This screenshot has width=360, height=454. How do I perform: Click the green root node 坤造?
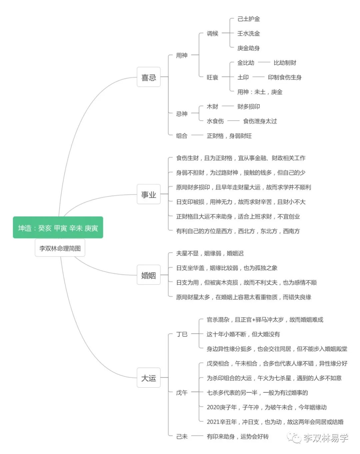[58, 227]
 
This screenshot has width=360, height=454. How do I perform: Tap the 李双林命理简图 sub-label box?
[60, 248]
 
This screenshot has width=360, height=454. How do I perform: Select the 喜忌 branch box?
[149, 77]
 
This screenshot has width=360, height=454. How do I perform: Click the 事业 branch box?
[149, 194]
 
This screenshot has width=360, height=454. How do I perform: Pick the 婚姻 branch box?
[149, 275]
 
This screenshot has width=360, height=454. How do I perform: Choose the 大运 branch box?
[149, 378]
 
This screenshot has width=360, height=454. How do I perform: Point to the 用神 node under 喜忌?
[182, 55]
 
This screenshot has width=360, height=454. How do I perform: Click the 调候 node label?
[212, 33]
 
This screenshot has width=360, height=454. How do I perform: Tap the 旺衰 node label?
[212, 77]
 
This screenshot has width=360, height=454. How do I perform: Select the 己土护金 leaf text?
[249, 19]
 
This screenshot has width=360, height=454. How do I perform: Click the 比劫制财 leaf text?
[285, 63]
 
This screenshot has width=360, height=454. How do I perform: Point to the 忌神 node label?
[182, 114]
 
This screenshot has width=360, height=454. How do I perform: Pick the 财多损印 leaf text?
[249, 107]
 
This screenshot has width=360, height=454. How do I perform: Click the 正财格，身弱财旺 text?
[229, 136]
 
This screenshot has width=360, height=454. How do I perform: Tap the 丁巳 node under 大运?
[182, 334]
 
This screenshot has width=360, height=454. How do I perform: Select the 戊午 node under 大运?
[182, 393]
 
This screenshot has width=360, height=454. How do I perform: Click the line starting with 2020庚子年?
[267, 407]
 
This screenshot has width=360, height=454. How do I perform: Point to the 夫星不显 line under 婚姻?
[210, 253]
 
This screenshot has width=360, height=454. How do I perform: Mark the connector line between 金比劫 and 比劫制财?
[264, 62]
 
